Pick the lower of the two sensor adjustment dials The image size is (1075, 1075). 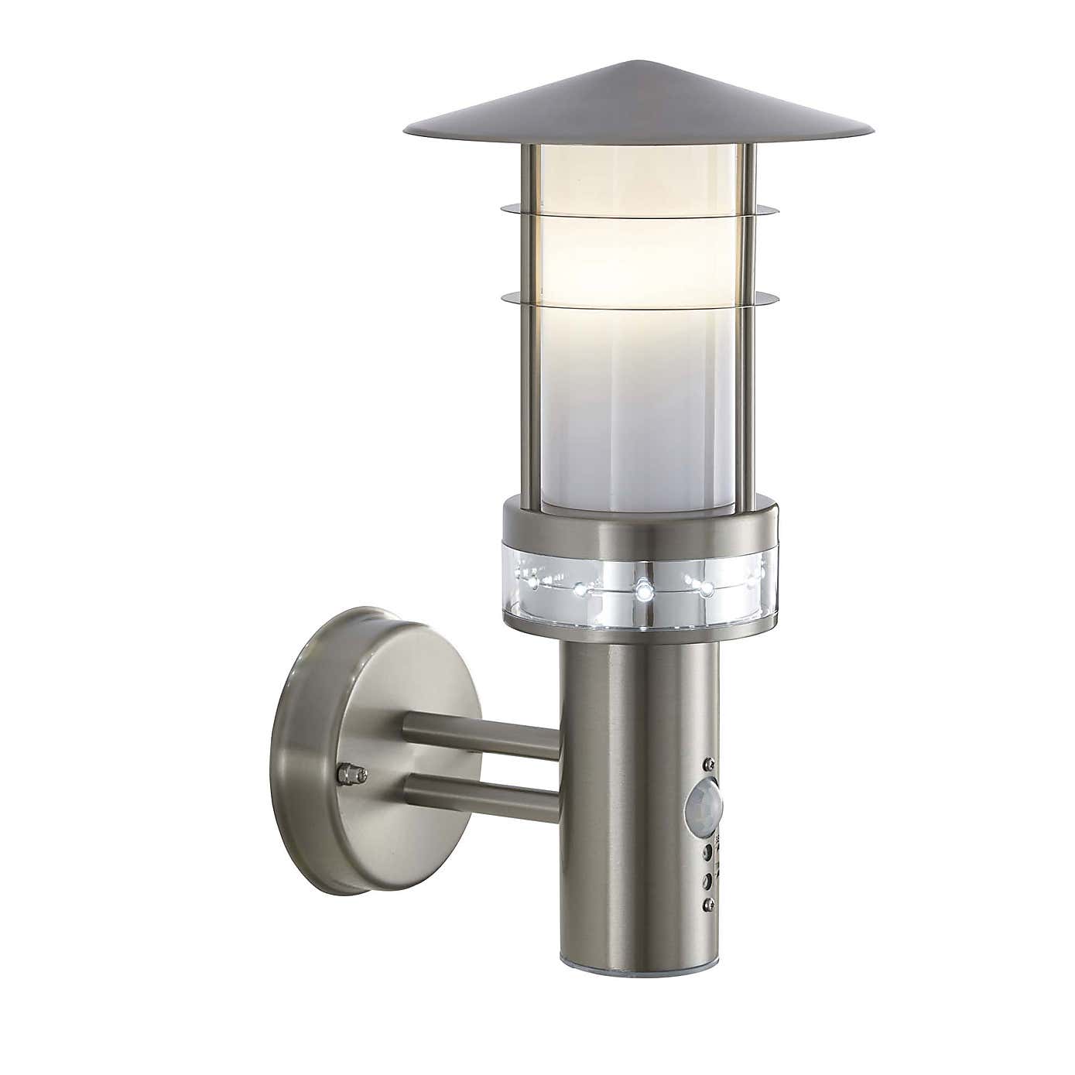tap(706, 878)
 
